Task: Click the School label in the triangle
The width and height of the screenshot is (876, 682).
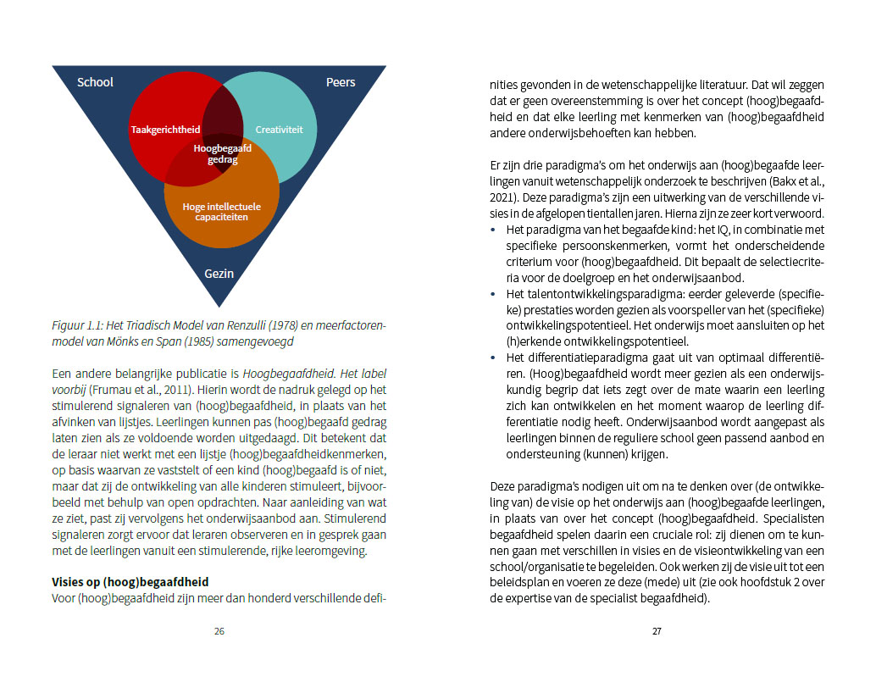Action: click(95, 82)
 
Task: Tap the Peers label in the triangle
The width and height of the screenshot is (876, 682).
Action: click(341, 82)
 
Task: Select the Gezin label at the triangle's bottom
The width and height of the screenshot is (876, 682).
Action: click(219, 274)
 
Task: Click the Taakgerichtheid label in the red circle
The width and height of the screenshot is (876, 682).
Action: click(165, 130)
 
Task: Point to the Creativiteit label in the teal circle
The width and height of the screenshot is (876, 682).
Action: click(279, 130)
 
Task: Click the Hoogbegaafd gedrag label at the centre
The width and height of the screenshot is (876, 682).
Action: click(222, 153)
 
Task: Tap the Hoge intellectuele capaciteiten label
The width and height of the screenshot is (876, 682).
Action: click(222, 211)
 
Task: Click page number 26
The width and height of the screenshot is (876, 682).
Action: click(219, 631)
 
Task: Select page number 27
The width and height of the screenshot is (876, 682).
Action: click(657, 631)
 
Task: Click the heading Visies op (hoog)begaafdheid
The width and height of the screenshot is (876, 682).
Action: click(130, 582)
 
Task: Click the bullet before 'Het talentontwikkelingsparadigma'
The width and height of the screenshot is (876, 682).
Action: click(496, 294)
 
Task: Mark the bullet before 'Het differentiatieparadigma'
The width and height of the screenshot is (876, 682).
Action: click(496, 358)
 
